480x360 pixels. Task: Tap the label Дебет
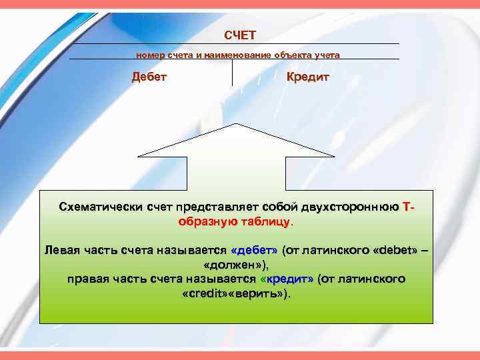(149, 77)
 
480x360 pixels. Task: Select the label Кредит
(308, 77)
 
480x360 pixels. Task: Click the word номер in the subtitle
(149, 55)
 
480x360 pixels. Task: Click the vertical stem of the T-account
(232, 73)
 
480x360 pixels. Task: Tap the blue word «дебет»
(253, 251)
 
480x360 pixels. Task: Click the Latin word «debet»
(397, 251)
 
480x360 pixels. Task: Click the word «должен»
(237, 265)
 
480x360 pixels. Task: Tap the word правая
(90, 279)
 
